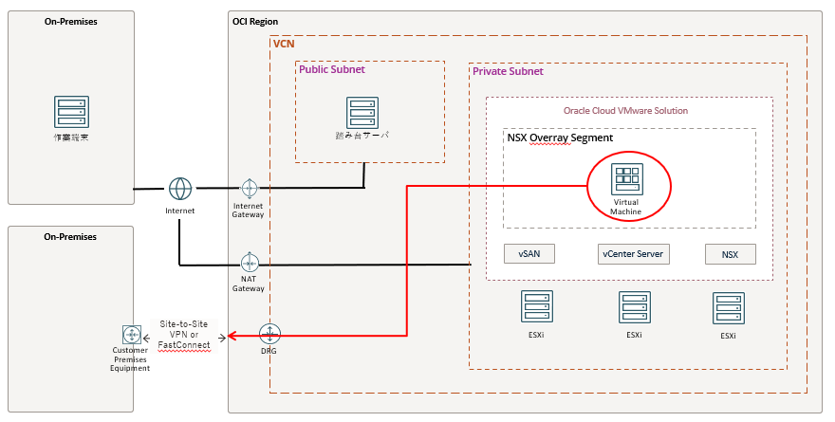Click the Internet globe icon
tap(180, 188)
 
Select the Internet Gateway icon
tap(250, 188)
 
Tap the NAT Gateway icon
tap(250, 263)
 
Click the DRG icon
tap(270, 334)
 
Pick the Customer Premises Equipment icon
tap(131, 335)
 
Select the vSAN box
tap(529, 254)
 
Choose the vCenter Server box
tap(634, 254)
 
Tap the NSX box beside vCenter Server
tap(730, 254)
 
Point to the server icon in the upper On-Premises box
tap(70, 112)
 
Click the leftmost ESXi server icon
tap(536, 307)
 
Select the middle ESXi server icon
tap(634, 307)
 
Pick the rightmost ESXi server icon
tap(728, 308)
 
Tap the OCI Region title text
tap(255, 21)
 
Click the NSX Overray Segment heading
tap(560, 138)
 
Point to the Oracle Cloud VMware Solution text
tap(625, 111)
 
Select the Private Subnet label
tap(508, 71)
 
